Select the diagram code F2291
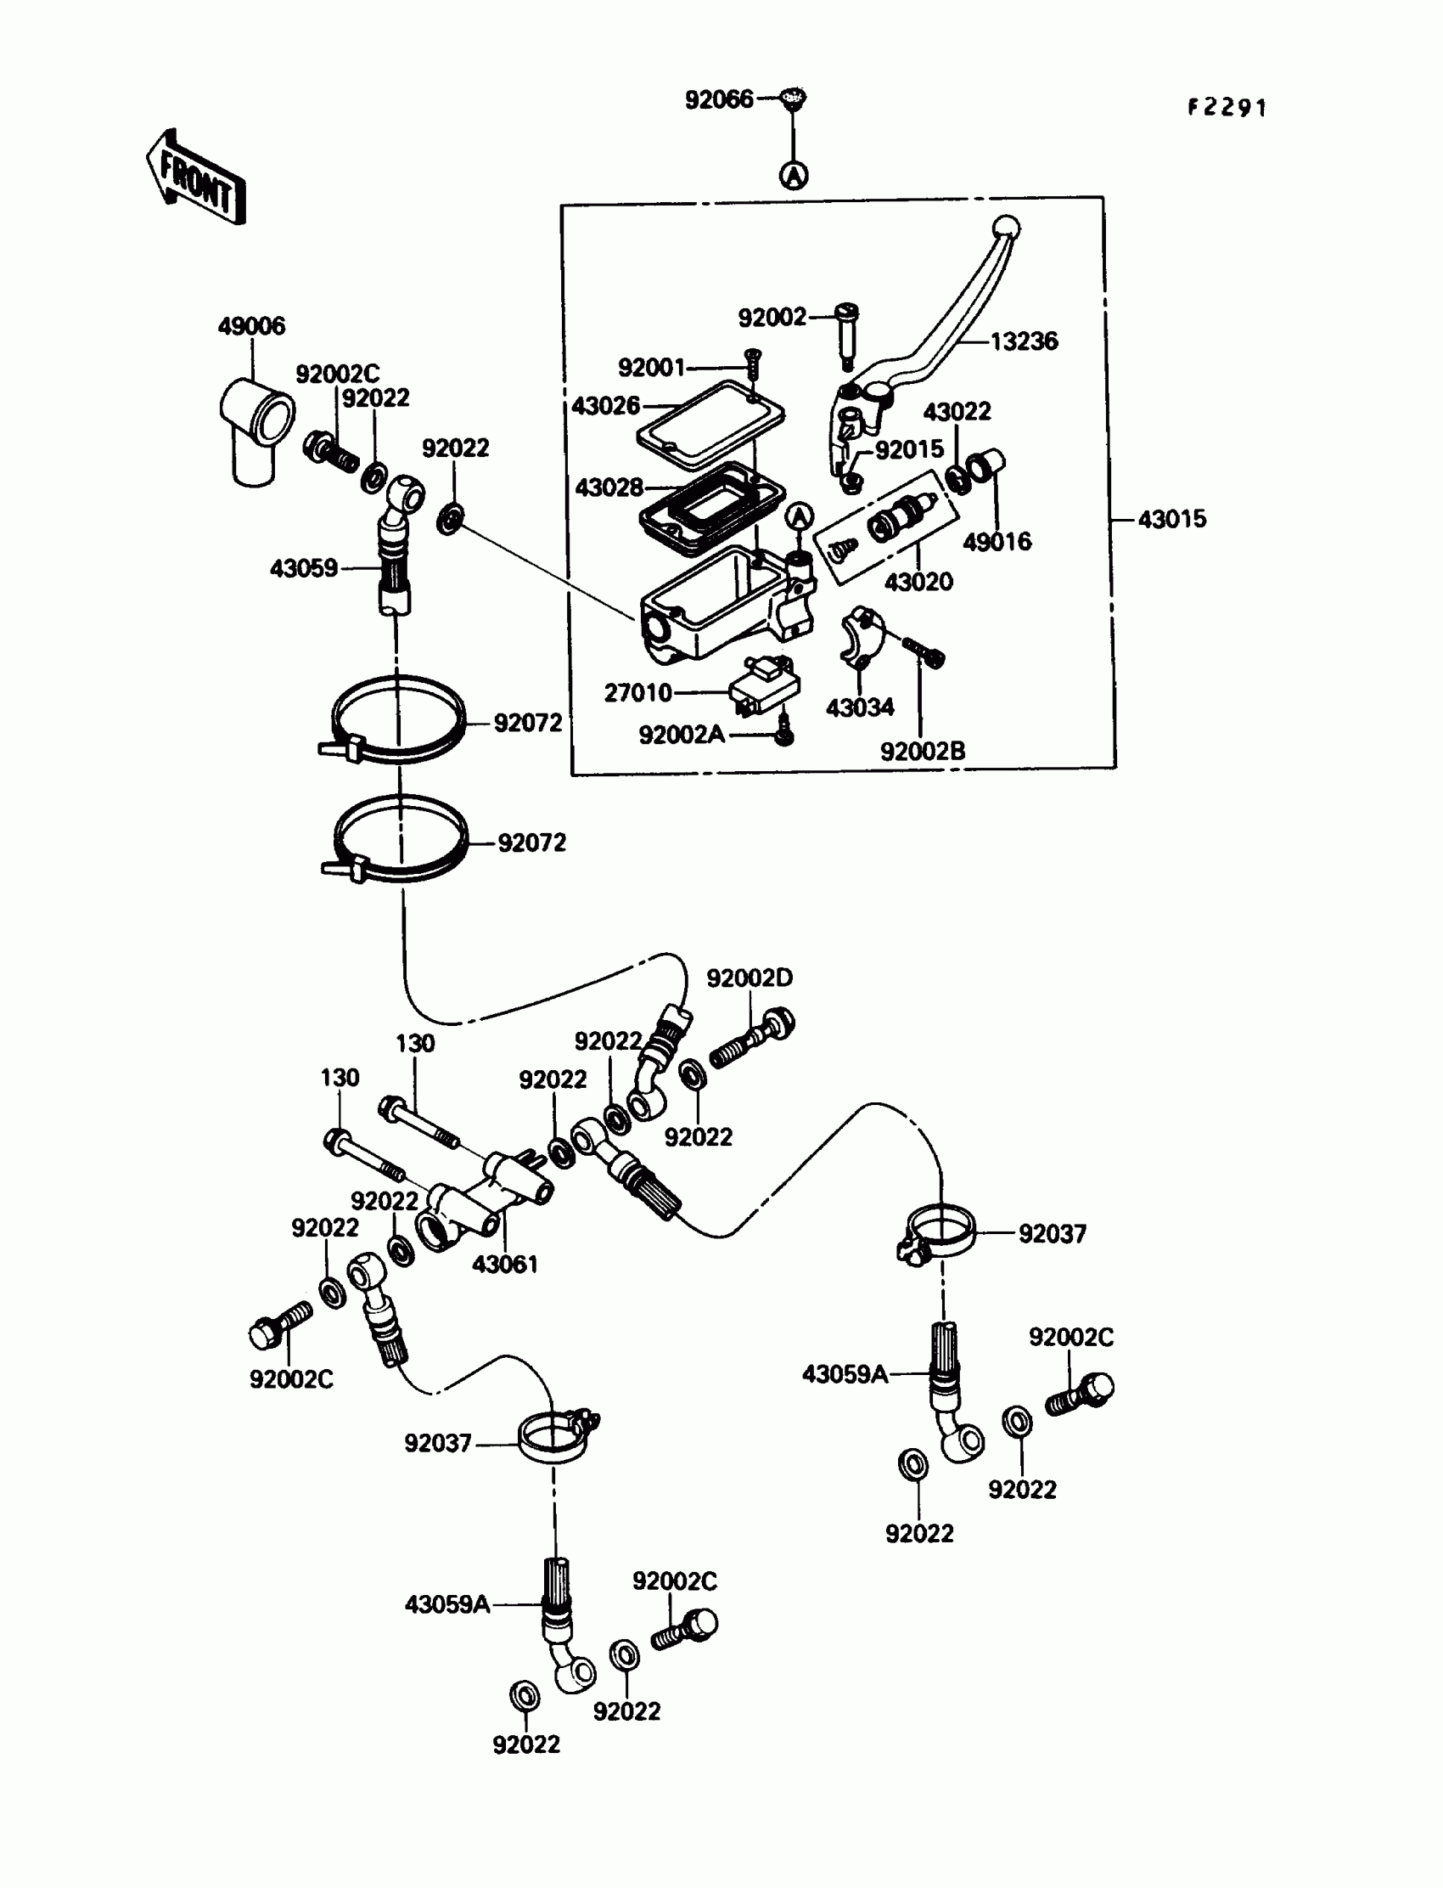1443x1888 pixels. [1227, 107]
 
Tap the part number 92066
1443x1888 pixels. [719, 99]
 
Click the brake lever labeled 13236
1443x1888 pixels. [945, 335]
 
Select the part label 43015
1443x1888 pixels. [1171, 519]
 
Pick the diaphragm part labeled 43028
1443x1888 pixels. [711, 507]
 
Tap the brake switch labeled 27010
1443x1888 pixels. [765, 687]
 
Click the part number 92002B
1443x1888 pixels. [923, 751]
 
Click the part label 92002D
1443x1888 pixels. [749, 978]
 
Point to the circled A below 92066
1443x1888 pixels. [794, 175]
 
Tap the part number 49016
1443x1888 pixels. [997, 541]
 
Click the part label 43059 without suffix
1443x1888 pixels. [304, 568]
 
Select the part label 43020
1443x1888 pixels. [918, 582]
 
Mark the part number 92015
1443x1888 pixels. [909, 448]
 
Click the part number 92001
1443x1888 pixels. [652, 368]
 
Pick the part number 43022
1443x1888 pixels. [957, 412]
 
